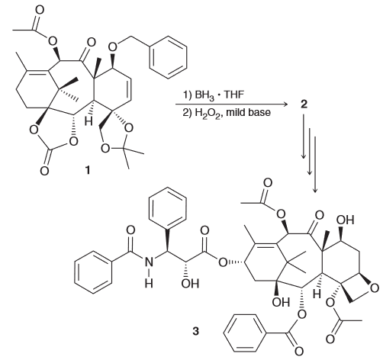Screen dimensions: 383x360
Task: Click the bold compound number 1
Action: pos(88,170)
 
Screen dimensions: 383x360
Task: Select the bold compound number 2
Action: pos(304,104)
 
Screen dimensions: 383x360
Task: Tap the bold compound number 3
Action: pos(195,331)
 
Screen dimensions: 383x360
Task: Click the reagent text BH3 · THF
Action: pos(214,95)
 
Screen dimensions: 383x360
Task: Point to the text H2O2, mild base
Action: pos(227,113)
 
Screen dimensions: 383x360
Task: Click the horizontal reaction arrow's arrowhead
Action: pos(285,104)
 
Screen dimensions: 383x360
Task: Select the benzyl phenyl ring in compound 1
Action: pos(168,57)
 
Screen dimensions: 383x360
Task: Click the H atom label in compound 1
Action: pos(89,122)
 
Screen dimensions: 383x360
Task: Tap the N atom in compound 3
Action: pos(149,262)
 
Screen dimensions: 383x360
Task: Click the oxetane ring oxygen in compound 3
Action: pos(375,288)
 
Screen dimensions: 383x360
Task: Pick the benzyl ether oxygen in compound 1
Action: pos(112,47)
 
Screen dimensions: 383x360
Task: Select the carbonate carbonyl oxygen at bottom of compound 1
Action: pos(44,171)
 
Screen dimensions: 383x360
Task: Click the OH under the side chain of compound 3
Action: pos(191,284)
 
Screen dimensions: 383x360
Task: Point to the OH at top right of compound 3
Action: pos(345,220)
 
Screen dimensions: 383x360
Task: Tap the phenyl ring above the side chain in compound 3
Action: pos(168,208)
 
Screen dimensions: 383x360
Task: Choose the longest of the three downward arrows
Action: pos(315,164)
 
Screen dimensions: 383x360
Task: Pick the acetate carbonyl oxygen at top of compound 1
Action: pos(40,10)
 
